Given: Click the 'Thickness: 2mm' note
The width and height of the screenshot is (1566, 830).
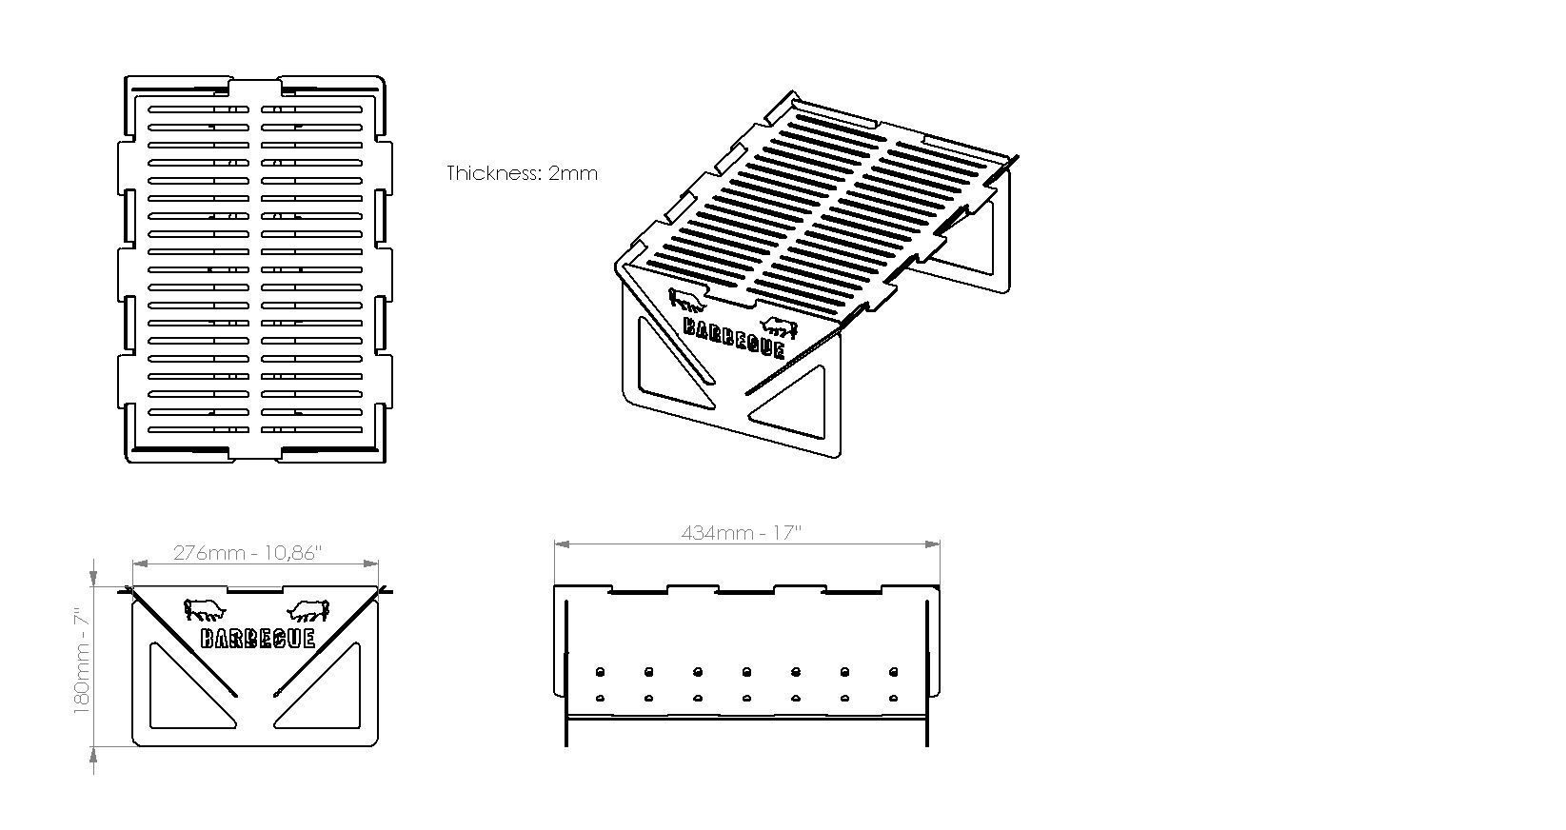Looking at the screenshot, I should (x=522, y=173).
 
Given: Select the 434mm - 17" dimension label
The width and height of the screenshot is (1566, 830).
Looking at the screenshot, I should (x=742, y=533).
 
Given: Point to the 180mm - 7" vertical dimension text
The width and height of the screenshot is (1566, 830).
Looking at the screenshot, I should (x=83, y=663).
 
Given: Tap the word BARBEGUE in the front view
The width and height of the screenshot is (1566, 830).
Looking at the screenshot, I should (x=257, y=638).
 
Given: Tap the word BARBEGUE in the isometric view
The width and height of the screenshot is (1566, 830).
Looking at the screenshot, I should (x=734, y=337).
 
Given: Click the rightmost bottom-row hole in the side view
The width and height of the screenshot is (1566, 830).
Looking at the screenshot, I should (x=893, y=699).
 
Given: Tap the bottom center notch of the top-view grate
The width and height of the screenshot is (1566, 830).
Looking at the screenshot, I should (x=255, y=454).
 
